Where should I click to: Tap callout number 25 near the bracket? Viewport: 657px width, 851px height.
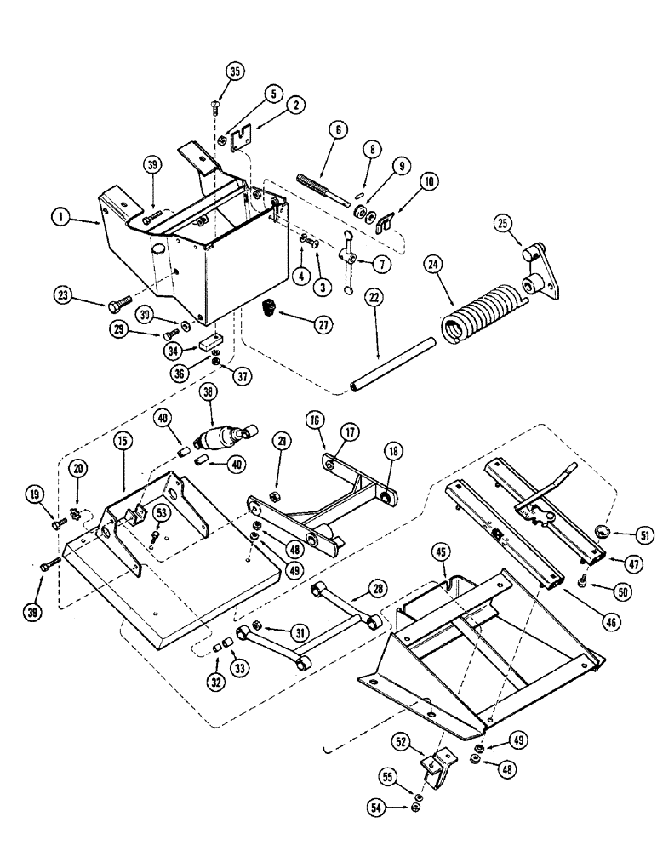click(500, 224)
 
